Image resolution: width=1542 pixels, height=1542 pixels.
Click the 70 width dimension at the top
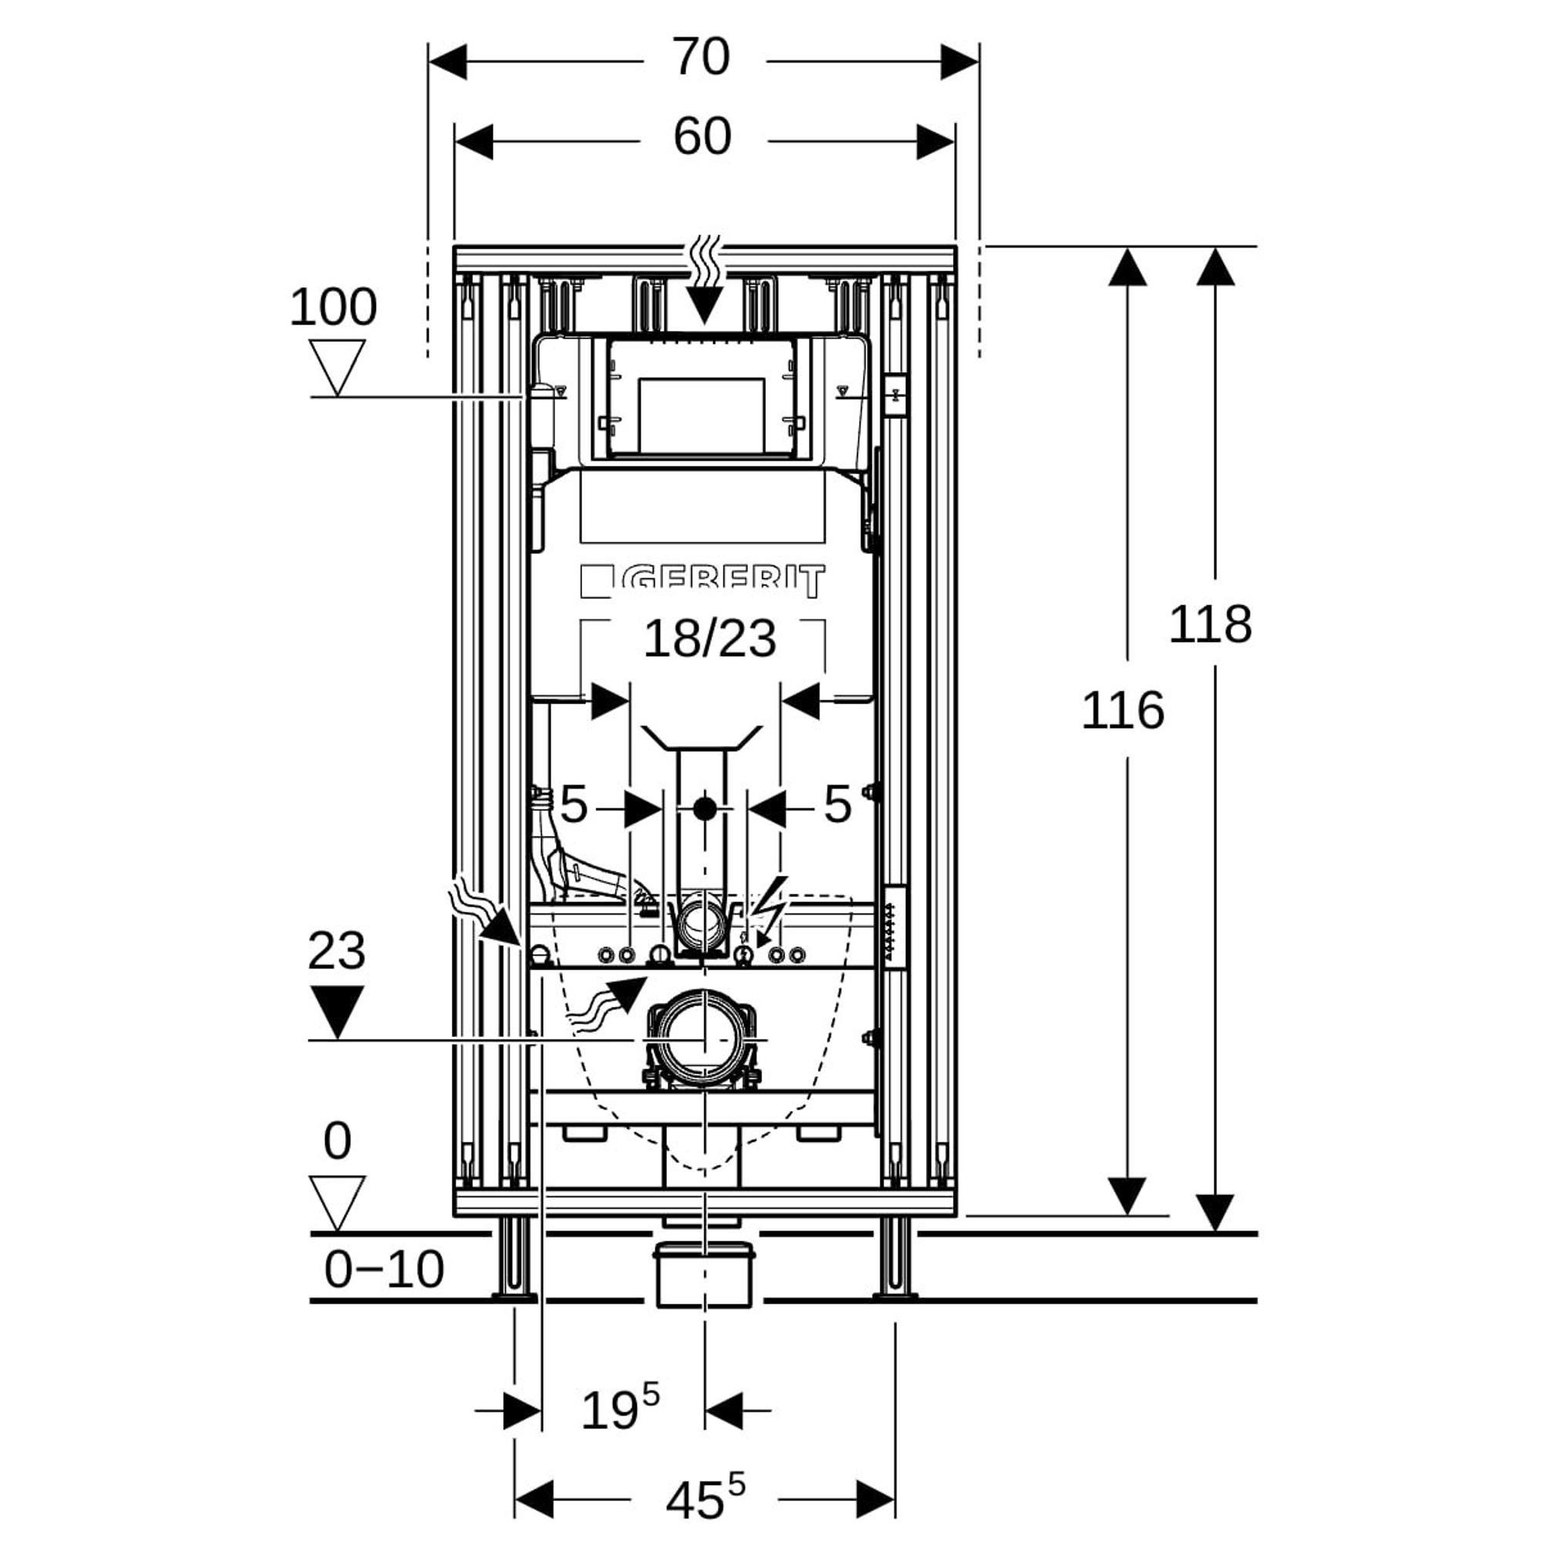(x=701, y=58)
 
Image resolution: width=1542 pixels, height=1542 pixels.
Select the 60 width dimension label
(x=702, y=136)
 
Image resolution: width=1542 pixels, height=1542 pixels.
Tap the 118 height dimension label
(x=1210, y=625)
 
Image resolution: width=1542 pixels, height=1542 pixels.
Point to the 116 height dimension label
(x=1122, y=711)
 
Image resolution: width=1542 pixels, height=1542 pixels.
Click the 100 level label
(x=333, y=308)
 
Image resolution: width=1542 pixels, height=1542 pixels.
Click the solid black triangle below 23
(x=338, y=1011)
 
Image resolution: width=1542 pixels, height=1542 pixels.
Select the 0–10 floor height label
(x=384, y=1268)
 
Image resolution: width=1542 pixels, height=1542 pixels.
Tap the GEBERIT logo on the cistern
(x=703, y=581)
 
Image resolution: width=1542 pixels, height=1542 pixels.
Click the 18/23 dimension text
(x=709, y=639)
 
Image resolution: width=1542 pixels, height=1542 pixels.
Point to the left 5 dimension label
(x=574, y=804)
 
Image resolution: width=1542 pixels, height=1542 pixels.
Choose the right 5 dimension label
(x=837, y=804)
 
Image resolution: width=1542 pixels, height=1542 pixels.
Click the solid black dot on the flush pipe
(x=704, y=810)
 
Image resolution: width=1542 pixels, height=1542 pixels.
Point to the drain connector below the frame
(x=703, y=1274)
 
